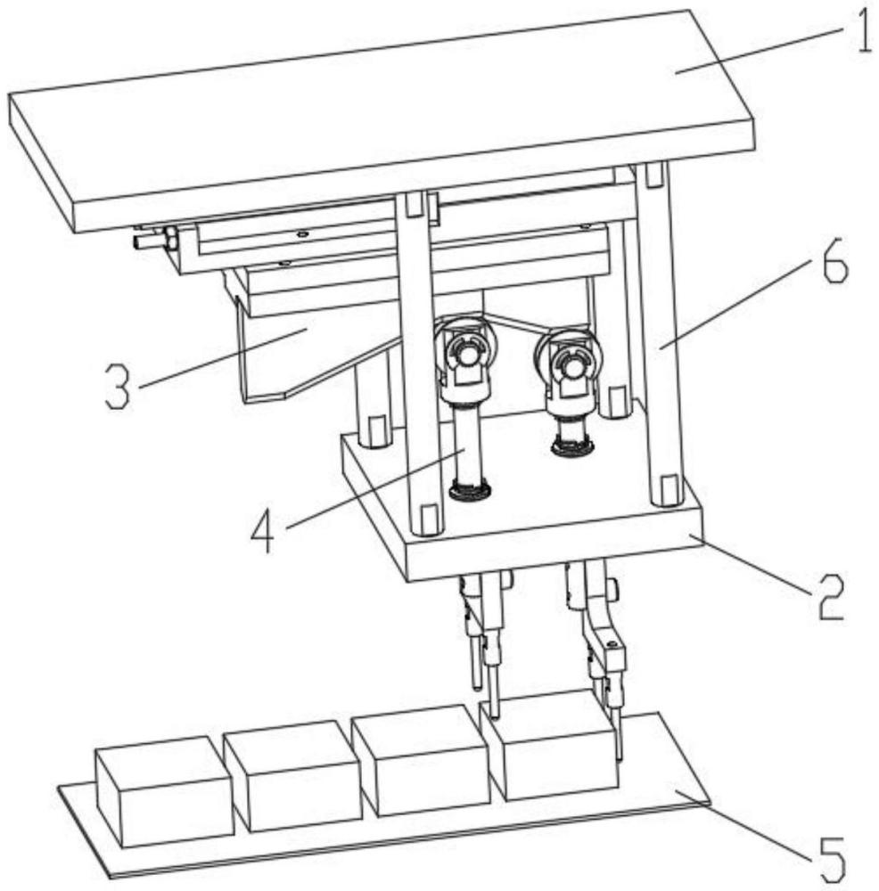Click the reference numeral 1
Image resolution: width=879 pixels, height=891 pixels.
tap(863, 32)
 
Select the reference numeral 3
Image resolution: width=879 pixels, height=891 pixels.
tap(119, 387)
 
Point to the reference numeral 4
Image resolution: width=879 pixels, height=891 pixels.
tap(263, 531)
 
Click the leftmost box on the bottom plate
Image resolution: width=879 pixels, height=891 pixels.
tap(164, 791)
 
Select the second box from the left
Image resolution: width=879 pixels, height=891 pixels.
tap(293, 776)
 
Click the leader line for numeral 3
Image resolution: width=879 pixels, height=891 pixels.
tap(223, 357)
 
